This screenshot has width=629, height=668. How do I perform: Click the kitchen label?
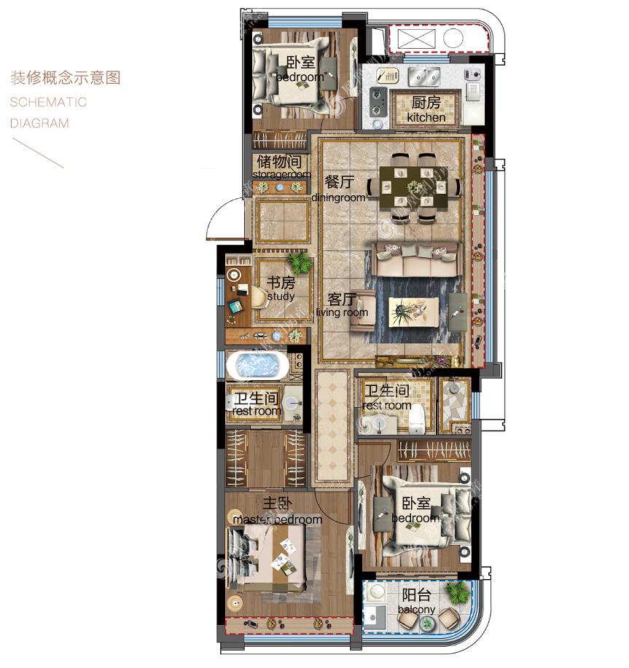[426, 109]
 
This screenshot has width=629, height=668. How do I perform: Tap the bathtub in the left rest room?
[257, 366]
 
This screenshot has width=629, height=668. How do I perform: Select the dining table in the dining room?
[414, 187]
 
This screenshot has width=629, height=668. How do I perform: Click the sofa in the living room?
[417, 259]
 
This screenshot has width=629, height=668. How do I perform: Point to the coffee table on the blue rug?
[413, 312]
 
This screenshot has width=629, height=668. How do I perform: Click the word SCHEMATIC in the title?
[48, 102]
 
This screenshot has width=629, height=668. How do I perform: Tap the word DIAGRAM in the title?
[39, 124]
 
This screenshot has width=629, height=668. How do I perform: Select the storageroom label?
[281, 167]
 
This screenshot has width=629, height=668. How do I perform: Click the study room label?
[281, 289]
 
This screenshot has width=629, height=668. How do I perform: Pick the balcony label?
[416, 601]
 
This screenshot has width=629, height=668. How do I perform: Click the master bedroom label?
[278, 511]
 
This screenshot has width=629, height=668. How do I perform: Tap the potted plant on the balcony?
[457, 592]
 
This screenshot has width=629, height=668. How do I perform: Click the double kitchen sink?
[424, 76]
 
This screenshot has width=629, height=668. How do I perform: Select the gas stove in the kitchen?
[378, 102]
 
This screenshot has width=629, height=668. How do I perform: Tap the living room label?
[342, 305]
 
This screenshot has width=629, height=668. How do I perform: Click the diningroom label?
[339, 189]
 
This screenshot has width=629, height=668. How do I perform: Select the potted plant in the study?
[300, 262]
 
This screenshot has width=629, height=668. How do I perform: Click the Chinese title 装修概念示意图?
[66, 77]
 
